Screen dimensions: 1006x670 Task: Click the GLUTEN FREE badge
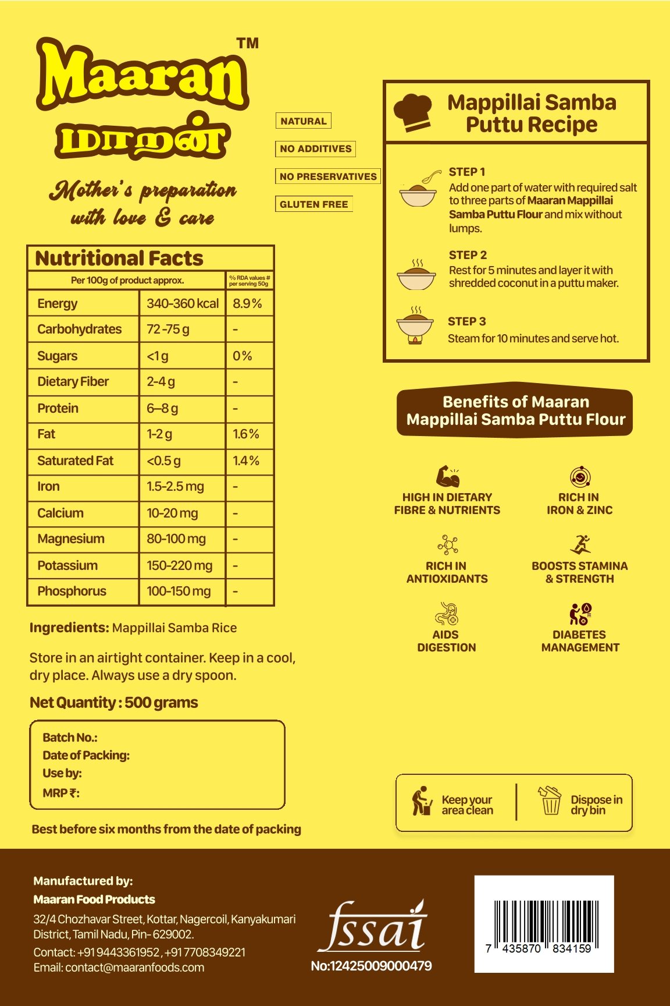[x=314, y=204]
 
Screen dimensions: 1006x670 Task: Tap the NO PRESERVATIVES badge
[x=328, y=176]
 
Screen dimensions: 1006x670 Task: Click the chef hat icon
[x=413, y=112]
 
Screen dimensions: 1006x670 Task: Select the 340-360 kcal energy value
[x=183, y=303]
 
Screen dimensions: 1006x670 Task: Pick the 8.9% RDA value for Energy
[x=247, y=303]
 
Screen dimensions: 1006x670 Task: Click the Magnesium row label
[x=71, y=539]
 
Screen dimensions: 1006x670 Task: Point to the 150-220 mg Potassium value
[x=179, y=565]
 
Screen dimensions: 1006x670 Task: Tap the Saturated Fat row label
[x=76, y=461]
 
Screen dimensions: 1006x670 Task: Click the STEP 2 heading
[x=468, y=255]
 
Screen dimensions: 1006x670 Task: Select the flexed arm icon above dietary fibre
[x=447, y=476]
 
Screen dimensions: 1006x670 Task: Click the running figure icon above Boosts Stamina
[x=580, y=544]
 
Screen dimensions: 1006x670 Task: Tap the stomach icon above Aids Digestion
[x=447, y=614]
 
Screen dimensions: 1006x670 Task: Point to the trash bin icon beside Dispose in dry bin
[x=550, y=801]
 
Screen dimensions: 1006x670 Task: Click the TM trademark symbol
[x=248, y=44]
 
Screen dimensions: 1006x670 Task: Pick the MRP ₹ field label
[x=61, y=793]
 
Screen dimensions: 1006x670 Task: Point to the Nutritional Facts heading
[x=119, y=258]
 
